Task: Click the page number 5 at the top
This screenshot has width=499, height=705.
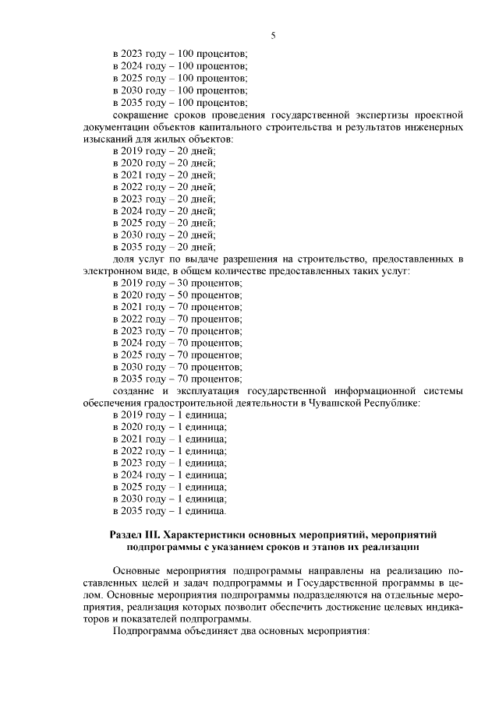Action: pos(273,35)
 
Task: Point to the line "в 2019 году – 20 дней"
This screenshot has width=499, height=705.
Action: pos(164,150)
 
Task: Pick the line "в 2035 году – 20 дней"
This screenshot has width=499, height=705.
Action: pos(164,247)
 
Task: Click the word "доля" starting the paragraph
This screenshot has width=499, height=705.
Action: pos(124,259)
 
